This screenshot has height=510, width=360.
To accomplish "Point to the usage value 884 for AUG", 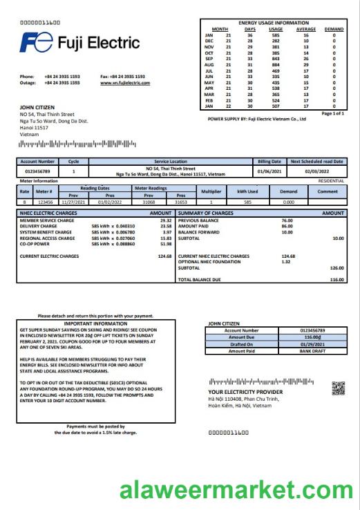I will point(276,65).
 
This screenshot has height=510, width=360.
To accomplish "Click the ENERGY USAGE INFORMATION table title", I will point(274,23).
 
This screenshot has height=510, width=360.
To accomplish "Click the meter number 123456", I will point(44,201).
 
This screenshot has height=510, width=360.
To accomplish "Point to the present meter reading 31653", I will point(181,201).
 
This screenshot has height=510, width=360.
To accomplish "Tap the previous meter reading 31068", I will point(149,201).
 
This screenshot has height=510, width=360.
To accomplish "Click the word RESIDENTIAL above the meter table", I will point(331,180).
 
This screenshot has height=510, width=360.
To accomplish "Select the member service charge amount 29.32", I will point(165,220).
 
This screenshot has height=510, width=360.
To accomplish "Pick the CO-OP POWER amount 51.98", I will point(165,244).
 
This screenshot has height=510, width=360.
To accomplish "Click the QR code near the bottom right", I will point(338,387).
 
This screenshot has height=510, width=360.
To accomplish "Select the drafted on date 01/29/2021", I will point(306,344).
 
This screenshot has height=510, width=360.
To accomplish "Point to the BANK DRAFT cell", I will point(306,351).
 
